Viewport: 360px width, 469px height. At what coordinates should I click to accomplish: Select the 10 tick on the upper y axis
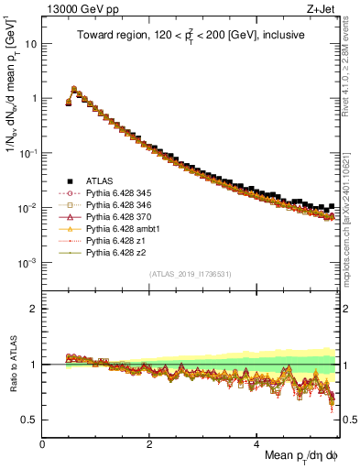(x=29, y=43)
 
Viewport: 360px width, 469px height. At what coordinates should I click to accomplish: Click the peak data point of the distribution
(x=74, y=90)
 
